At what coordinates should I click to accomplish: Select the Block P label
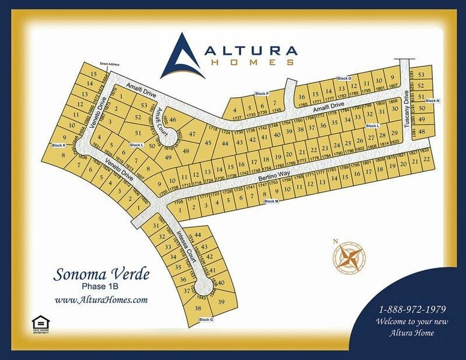click(x=262, y=94)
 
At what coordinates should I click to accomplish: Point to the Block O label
click(x=344, y=78)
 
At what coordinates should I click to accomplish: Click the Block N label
click(x=432, y=100)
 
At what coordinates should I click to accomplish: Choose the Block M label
click(x=272, y=201)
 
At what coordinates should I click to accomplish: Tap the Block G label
click(x=206, y=319)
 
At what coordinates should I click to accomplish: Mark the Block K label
click(x=58, y=145)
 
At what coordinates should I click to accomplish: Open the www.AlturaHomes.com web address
click(x=101, y=300)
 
